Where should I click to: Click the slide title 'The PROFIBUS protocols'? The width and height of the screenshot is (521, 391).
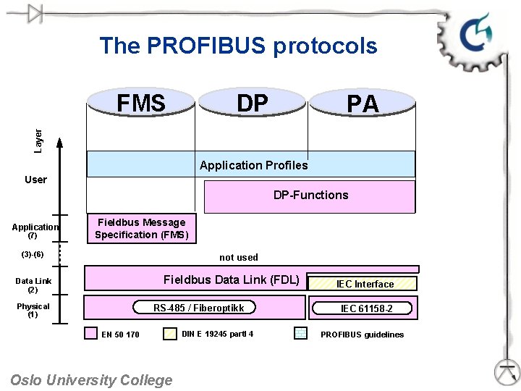pos(238,46)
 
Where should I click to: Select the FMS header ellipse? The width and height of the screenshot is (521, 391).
pos(141,103)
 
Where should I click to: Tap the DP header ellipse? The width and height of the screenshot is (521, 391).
pos(252,103)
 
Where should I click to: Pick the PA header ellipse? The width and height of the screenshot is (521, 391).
pos(363,104)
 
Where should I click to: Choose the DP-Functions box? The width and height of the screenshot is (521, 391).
pos(310,195)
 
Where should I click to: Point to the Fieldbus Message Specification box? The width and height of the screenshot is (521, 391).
pos(142,228)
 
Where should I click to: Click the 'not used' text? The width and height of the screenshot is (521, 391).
pos(238,257)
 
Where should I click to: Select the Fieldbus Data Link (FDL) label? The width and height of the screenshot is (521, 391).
pos(231,279)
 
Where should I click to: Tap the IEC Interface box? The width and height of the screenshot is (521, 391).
pos(364,284)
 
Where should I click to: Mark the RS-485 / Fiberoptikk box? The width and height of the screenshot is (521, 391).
pos(198,308)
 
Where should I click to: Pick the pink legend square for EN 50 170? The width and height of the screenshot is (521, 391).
pos(90,334)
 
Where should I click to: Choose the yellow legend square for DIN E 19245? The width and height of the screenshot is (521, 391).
pos(170,334)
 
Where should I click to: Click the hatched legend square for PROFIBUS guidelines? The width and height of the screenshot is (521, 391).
pos(301,334)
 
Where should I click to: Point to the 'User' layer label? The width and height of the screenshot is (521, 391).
pos(35,180)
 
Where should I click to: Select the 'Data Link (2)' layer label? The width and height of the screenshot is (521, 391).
pos(33,285)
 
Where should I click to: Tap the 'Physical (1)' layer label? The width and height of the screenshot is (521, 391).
pos(33,310)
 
